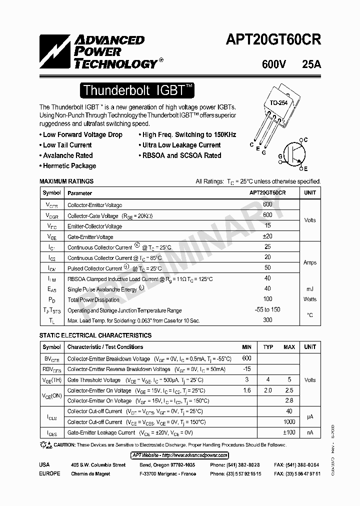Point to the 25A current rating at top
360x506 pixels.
coord(311,64)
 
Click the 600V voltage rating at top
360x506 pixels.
coord(274,64)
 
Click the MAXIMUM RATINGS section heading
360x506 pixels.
coord(66,181)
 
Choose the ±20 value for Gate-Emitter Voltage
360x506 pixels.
coord(267,236)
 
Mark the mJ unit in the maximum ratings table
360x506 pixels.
coord(309,289)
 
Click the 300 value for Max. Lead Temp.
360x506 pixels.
coord(267,320)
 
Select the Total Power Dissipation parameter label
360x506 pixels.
coord(93,299)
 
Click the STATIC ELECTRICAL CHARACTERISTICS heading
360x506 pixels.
coord(95,335)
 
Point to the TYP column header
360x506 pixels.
coord(268,347)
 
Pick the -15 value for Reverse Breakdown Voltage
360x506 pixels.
coord(246,369)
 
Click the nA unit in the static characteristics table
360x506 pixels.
coord(309,432)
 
